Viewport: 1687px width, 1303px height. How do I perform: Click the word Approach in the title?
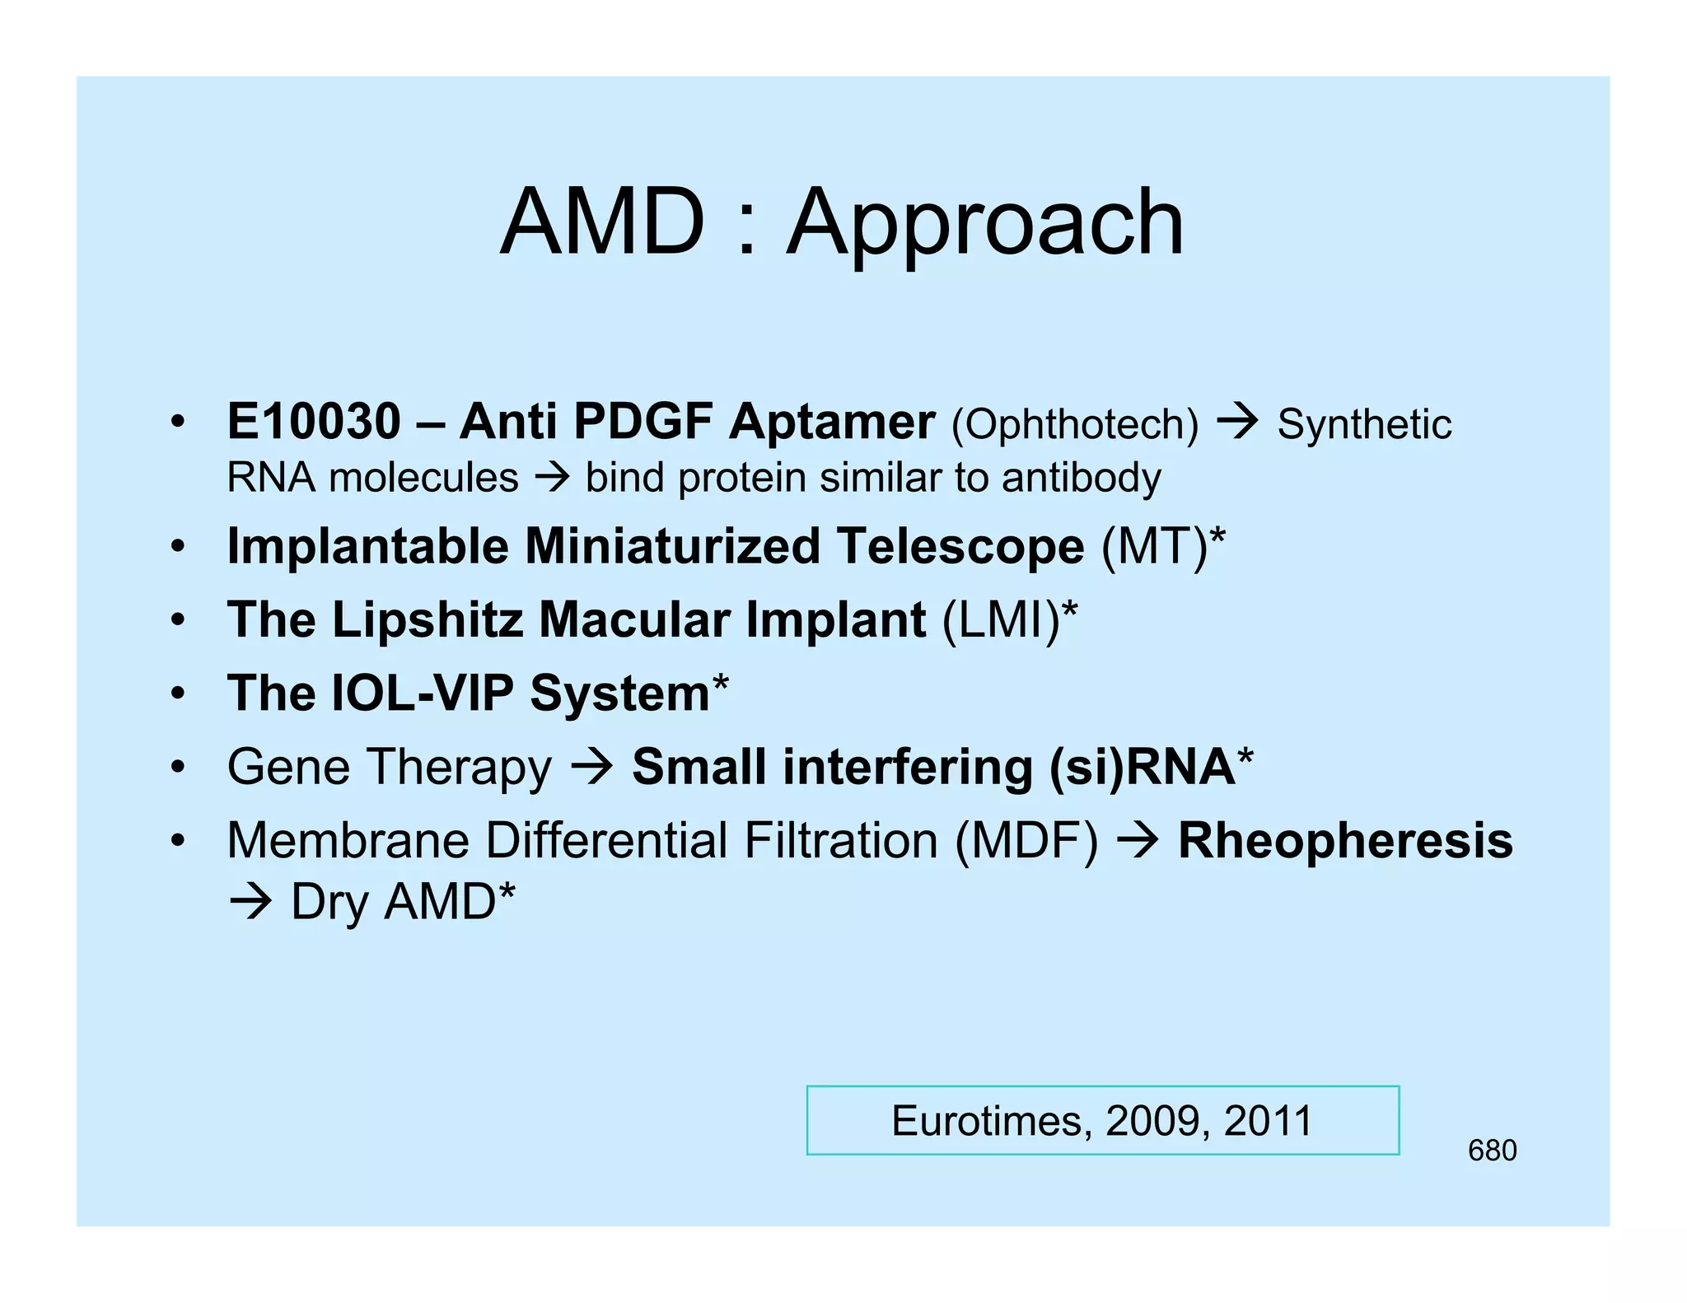pos(985,224)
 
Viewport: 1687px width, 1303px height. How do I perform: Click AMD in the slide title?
pos(602,222)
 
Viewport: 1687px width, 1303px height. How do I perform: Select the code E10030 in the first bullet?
pos(313,422)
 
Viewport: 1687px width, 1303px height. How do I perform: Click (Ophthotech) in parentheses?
pos(1074,425)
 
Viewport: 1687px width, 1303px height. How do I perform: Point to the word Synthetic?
pos(1363,425)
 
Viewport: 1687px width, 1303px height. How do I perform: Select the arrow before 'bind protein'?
pos(551,478)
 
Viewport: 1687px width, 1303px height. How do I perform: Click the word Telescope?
pos(960,546)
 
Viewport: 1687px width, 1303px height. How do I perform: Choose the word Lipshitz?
pos(427,619)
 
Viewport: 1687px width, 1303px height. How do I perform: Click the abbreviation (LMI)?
pos(1000,619)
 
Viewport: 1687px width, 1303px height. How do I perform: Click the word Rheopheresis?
pos(1344,841)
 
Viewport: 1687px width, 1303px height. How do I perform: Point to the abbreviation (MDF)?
pos(1026,841)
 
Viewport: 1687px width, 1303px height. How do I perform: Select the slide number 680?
pos(1492,1151)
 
